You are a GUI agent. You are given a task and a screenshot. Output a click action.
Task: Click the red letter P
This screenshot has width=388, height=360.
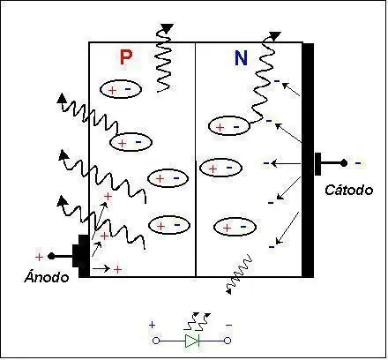(x=126, y=57)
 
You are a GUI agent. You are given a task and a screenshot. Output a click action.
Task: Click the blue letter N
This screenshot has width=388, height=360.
(x=241, y=58)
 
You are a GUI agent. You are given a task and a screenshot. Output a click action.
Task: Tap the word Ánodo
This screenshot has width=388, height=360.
(x=47, y=276)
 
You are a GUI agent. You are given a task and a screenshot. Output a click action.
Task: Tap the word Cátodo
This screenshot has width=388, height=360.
(x=349, y=190)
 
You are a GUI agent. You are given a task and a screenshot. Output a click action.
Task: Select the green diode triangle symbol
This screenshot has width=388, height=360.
(x=192, y=341)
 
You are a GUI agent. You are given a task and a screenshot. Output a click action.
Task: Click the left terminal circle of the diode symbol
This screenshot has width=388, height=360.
(x=156, y=341)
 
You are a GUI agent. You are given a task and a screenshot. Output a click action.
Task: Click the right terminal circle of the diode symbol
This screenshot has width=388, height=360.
(x=228, y=341)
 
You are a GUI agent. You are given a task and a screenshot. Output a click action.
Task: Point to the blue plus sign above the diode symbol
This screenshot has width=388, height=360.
(x=152, y=325)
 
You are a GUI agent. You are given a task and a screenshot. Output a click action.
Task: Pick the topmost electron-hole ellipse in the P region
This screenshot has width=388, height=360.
(x=121, y=89)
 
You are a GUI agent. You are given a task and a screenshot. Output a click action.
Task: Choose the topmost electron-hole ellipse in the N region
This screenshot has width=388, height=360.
(x=229, y=126)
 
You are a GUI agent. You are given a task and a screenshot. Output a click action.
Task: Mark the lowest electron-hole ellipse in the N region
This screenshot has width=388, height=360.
(x=235, y=227)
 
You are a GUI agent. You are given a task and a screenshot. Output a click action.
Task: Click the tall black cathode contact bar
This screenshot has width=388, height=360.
(x=308, y=161)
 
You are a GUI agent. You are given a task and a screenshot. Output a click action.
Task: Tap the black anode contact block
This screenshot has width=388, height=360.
(x=82, y=256)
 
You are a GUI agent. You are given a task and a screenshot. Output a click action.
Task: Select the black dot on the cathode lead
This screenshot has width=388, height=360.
(x=344, y=163)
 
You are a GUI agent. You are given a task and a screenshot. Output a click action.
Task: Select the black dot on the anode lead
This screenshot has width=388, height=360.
(x=51, y=256)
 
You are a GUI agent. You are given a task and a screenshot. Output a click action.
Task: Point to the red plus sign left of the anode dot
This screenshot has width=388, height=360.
(x=39, y=258)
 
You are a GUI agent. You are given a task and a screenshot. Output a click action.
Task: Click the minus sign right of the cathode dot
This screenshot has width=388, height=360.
(x=358, y=163)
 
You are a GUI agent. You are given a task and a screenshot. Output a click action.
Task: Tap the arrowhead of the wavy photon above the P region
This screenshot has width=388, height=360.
(x=167, y=28)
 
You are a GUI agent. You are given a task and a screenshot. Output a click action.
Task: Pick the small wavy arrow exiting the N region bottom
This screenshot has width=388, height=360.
(x=239, y=274)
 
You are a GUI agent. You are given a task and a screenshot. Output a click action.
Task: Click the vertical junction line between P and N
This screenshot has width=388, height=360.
(x=196, y=160)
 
